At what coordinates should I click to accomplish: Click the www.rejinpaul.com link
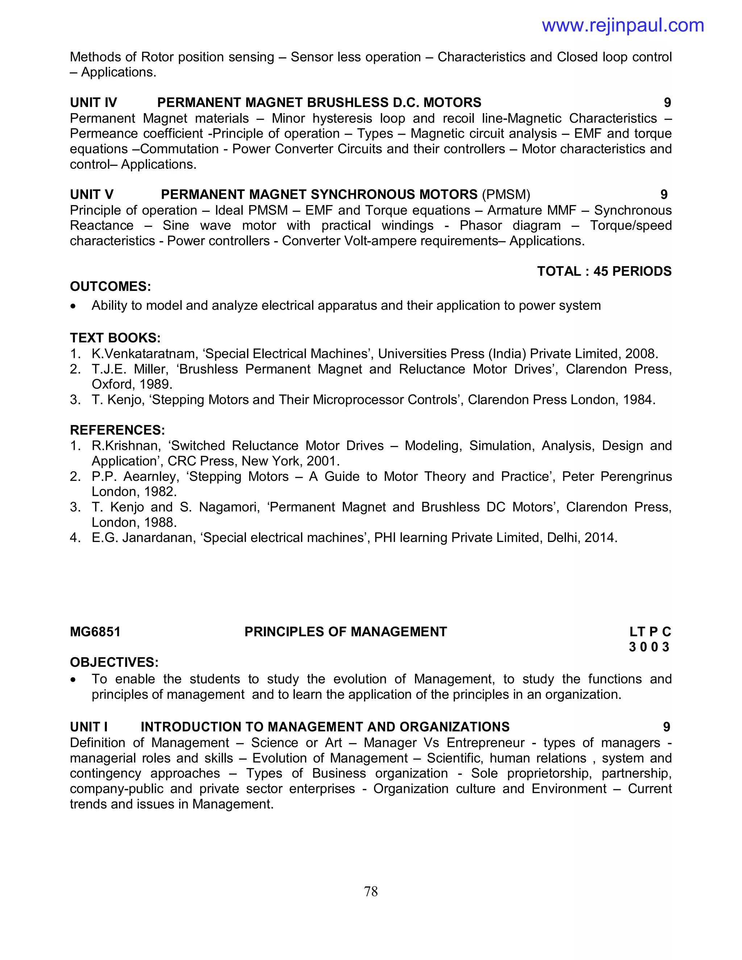tap(622, 25)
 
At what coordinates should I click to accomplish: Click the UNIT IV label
tap(93, 103)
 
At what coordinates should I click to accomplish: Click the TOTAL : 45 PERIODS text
tap(604, 271)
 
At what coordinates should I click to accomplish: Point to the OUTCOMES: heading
tap(111, 287)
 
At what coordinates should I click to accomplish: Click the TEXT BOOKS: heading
tap(115, 338)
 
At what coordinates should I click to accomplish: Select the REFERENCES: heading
tap(117, 430)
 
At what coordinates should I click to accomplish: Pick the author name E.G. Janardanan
tap(143, 538)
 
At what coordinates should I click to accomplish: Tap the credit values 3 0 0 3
tap(649, 647)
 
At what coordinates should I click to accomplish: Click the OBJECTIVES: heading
tap(114, 663)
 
